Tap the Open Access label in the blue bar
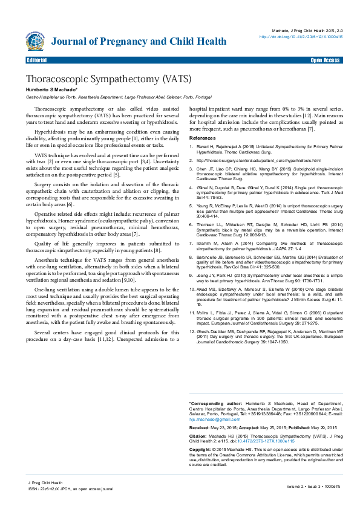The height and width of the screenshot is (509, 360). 325,61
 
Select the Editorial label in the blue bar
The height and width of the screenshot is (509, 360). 38,61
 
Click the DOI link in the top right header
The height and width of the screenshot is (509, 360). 301,37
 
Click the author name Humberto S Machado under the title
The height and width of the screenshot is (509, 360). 50,89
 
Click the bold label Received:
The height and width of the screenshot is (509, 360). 200,427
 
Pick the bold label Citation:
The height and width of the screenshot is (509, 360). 199,435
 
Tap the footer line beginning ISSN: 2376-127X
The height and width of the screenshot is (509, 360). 70,488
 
